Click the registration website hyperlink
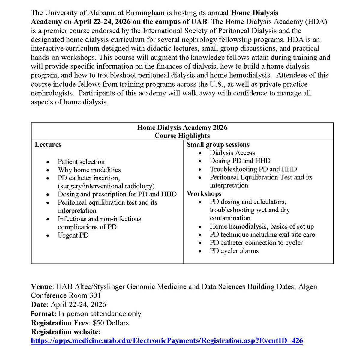pyautogui.click(x=167, y=341)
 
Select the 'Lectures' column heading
pyautogui.click(x=48, y=145)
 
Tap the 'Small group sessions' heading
pyautogui.click(x=218, y=145)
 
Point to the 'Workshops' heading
pyautogui.click(x=204, y=193)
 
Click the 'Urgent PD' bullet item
pyautogui.click(x=73, y=235)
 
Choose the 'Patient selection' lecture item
pyautogui.click(x=81, y=162)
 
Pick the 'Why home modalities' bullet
pyautogui.click(x=89, y=170)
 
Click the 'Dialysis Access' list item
pyautogui.click(x=232, y=153)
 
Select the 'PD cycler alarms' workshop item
pyautogui.click(x=234, y=251)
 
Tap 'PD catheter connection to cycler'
pyautogui.click(x=256, y=243)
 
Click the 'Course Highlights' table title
pyautogui.click(x=182, y=136)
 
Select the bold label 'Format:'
pyautogui.click(x=43, y=314)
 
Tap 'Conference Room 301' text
pyautogui.click(x=66, y=295)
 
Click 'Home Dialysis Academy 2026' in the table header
pyautogui.click(x=182, y=127)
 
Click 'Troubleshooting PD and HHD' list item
pyautogui.click(x=253, y=169)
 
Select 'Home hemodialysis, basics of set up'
pyautogui.click(x=262, y=226)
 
